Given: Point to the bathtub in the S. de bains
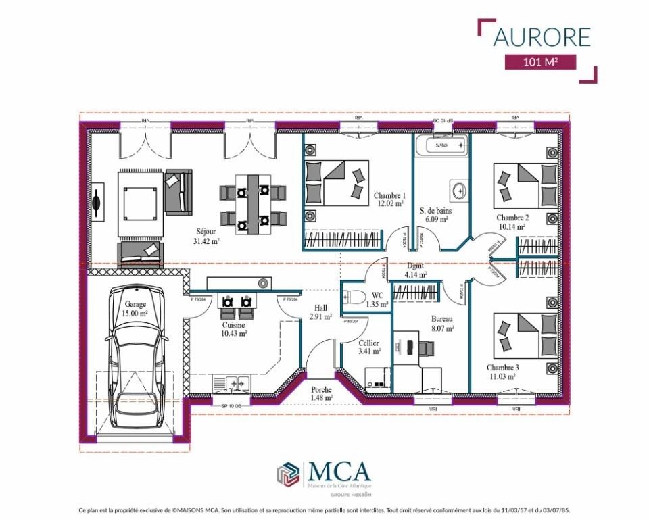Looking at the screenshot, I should coord(441,145).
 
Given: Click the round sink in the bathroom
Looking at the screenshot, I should coord(460,191).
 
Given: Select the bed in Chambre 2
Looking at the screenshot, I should coord(525,185).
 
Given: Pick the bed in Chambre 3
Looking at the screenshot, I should coord(525,335).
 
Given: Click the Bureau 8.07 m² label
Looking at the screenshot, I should coord(442,323).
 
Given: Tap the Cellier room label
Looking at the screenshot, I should coord(369,347).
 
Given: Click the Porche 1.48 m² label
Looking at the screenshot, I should coord(321,393).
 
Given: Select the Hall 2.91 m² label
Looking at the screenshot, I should coord(320,312).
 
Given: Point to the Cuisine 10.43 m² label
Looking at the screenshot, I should coord(234,328).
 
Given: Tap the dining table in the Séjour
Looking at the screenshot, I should coord(253,203).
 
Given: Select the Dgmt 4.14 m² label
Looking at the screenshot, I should coord(415,270).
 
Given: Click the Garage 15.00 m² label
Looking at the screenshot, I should coord(135,309).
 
